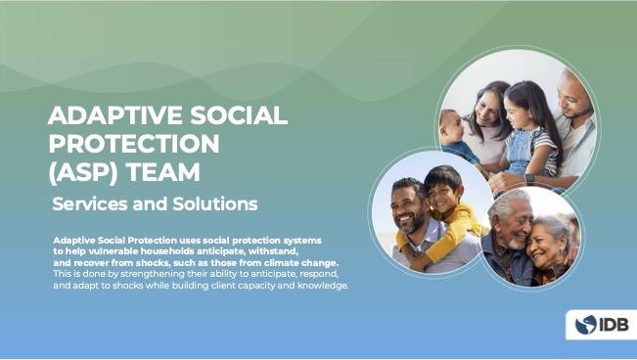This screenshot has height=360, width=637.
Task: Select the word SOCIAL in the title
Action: [x=236, y=115]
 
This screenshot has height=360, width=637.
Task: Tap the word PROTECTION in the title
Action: [x=134, y=144]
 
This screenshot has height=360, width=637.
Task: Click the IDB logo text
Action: [x=614, y=325]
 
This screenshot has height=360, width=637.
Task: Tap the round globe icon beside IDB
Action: [x=586, y=325]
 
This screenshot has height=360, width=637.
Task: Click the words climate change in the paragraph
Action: [x=302, y=263]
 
